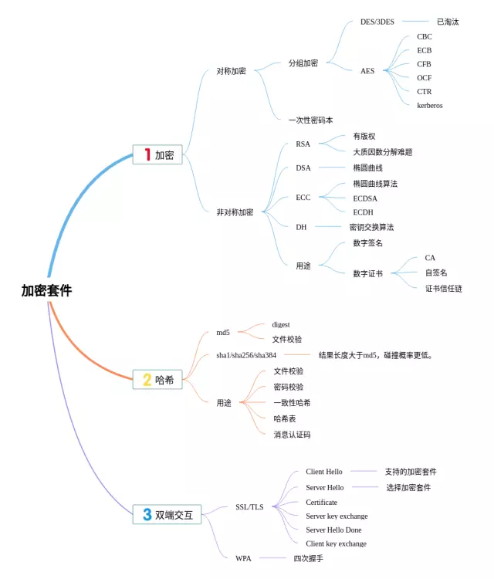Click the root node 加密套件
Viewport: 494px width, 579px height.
click(x=46, y=291)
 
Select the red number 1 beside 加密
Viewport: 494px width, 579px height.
click(x=147, y=155)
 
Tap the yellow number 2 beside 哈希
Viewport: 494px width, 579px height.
click(x=147, y=379)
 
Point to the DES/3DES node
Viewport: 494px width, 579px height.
click(x=377, y=22)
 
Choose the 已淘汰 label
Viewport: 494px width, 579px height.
click(x=448, y=22)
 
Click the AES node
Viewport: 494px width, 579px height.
click(x=367, y=71)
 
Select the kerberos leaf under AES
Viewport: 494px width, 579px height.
click(x=430, y=105)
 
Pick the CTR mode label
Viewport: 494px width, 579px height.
click(x=425, y=92)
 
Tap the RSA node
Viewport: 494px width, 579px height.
click(x=303, y=144)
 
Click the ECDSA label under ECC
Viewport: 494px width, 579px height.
click(x=367, y=198)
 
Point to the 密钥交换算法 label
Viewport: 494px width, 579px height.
click(x=371, y=227)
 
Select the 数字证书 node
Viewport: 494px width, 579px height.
click(x=367, y=273)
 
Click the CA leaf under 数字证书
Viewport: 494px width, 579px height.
click(x=430, y=258)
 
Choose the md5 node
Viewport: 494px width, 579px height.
click(x=223, y=333)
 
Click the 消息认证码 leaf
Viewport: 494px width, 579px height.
click(x=292, y=435)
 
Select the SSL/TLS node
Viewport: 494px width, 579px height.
click(x=249, y=507)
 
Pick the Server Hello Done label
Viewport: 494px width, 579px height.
click(x=333, y=530)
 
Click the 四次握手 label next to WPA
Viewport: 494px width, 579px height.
click(x=308, y=557)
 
